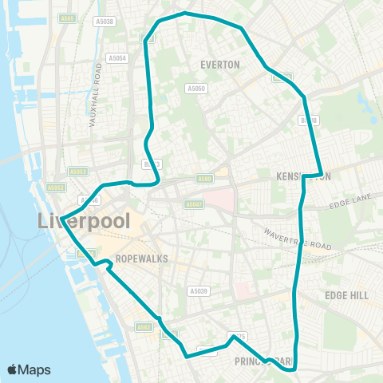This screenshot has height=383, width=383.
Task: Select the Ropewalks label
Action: click(139, 259)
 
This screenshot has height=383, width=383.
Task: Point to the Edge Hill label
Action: click(346, 295)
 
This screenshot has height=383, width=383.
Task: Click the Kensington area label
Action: click(302, 176)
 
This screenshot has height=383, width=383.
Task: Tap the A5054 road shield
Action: click(117, 58)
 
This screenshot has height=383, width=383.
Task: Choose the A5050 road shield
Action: click(196, 89)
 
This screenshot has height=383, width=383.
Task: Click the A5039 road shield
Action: click(199, 291)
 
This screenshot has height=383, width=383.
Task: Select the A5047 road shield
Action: click(194, 204)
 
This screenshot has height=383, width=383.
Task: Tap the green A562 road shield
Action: click(144, 326)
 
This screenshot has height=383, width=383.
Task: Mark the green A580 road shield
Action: click(204, 179)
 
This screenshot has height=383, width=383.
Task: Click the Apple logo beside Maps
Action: click(13, 369)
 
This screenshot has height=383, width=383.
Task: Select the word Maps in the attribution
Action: click(35, 369)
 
